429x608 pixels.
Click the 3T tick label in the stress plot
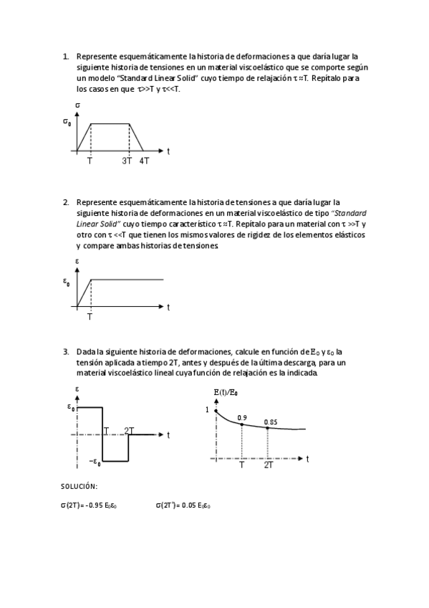tap(127, 161)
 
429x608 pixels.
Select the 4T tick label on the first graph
tap(144, 161)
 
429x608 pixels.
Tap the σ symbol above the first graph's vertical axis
tap(77, 105)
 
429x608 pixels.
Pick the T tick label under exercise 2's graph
tap(90, 316)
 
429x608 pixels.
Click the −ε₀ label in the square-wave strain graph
tap(94, 462)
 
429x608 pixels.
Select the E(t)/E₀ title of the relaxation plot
tap(226, 393)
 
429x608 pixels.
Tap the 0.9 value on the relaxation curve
tap(242, 417)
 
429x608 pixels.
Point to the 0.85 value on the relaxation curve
tap(270, 422)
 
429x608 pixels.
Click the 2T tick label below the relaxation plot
tap(268, 465)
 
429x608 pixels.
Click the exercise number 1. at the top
tap(66, 55)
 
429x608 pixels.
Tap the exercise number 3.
tap(66, 351)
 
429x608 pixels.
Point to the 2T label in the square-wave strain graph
tap(130, 430)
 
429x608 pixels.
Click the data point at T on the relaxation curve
tap(242, 424)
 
